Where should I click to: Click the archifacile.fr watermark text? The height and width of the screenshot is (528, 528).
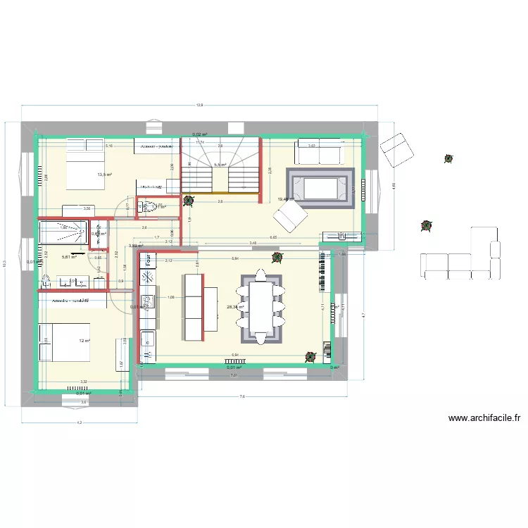[x=484, y=418]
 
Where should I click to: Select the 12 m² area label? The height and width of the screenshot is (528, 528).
[x=84, y=341]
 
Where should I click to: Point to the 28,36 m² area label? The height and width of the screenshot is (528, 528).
[x=235, y=307]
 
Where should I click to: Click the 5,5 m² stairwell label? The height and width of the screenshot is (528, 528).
[x=220, y=165]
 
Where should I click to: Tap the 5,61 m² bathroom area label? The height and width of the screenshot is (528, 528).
[x=69, y=258]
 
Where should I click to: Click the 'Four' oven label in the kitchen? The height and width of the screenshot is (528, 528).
[x=149, y=259]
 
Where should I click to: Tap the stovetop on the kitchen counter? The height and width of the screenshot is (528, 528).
[x=148, y=278]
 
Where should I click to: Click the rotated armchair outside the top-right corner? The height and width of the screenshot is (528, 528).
[x=396, y=150]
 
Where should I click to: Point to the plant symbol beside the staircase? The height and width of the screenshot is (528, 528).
[x=188, y=200]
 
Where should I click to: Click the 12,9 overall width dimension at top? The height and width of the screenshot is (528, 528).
[x=200, y=106]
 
